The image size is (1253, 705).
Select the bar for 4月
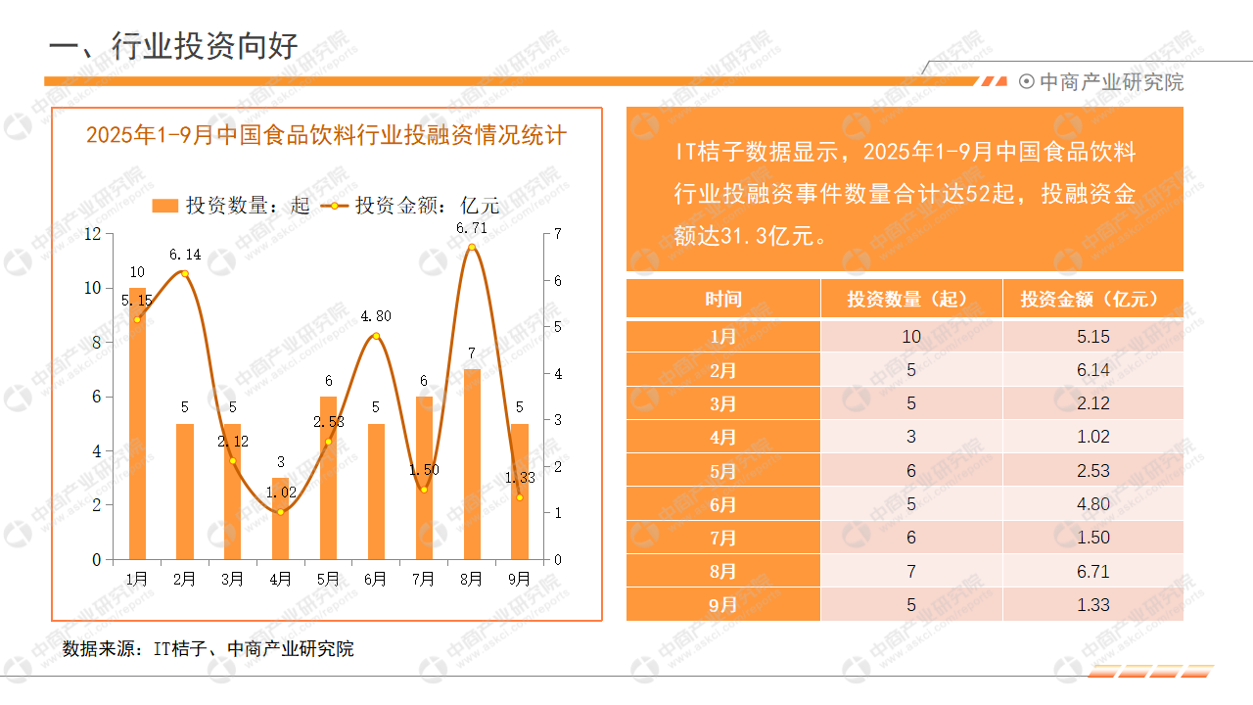coord(280,519)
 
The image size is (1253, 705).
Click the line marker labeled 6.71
coord(471,247)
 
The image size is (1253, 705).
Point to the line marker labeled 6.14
coord(185,273)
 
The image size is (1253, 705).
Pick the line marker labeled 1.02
coord(280,512)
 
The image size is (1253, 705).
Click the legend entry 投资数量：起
coord(231,205)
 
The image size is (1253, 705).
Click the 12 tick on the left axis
coord(93,233)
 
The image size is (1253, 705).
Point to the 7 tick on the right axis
coord(557,233)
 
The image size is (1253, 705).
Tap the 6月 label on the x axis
coord(375,579)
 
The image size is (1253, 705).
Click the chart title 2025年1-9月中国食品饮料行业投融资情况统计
coord(326,135)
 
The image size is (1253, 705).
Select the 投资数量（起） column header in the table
coord(910,299)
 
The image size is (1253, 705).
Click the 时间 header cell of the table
coord(722,299)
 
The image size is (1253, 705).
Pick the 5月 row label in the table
coord(722,471)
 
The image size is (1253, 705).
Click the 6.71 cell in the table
coord(1092,571)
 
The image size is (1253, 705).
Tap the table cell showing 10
coord(910,337)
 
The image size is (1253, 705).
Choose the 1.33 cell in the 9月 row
coord(1092,604)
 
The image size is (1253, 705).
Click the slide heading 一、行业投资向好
coord(173,46)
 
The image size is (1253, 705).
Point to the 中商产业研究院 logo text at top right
coord(1110,82)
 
